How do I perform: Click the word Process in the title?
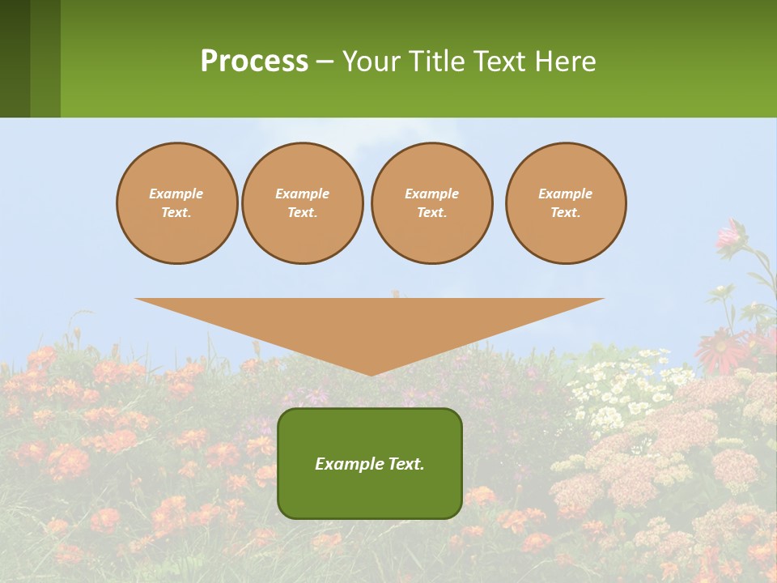[x=254, y=62]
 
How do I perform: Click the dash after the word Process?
[x=325, y=63]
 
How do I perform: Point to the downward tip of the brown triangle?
[x=371, y=373]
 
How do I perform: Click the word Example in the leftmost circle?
[x=176, y=194]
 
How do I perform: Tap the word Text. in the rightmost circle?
[x=566, y=213]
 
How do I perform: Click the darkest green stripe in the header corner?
[x=15, y=58]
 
